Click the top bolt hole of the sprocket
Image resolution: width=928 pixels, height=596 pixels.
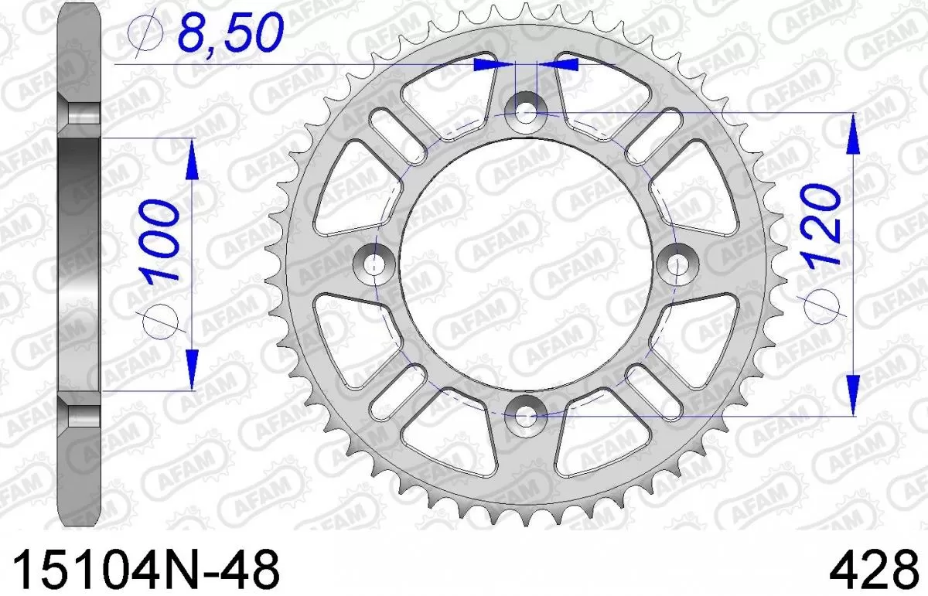point(526,113)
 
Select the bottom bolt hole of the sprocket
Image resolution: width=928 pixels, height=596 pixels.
point(526,414)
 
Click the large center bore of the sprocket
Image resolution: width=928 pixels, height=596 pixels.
point(526,263)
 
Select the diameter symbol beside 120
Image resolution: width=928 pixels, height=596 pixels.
point(822,307)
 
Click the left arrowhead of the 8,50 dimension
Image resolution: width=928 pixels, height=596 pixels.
point(494,65)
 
